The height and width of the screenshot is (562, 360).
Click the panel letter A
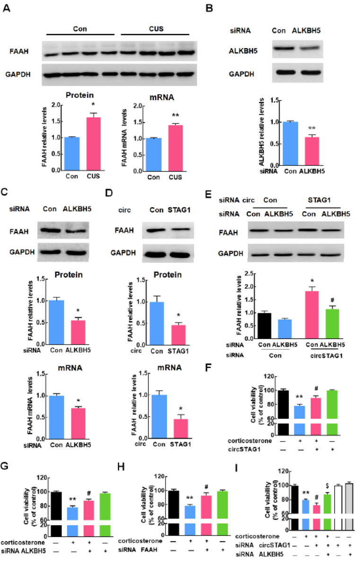click(7, 9)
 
